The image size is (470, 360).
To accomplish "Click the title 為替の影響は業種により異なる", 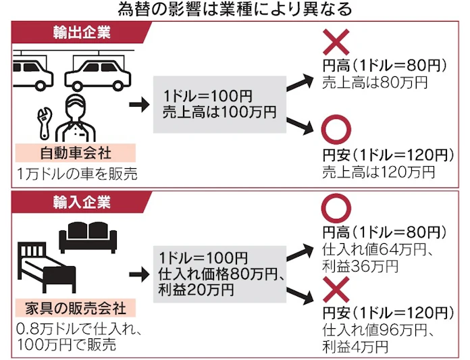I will tap(234, 9).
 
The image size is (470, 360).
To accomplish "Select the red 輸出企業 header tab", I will tap(82, 32).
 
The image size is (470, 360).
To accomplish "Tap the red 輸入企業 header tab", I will tap(82, 201).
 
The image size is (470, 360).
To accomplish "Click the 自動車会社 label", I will tap(69, 152).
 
